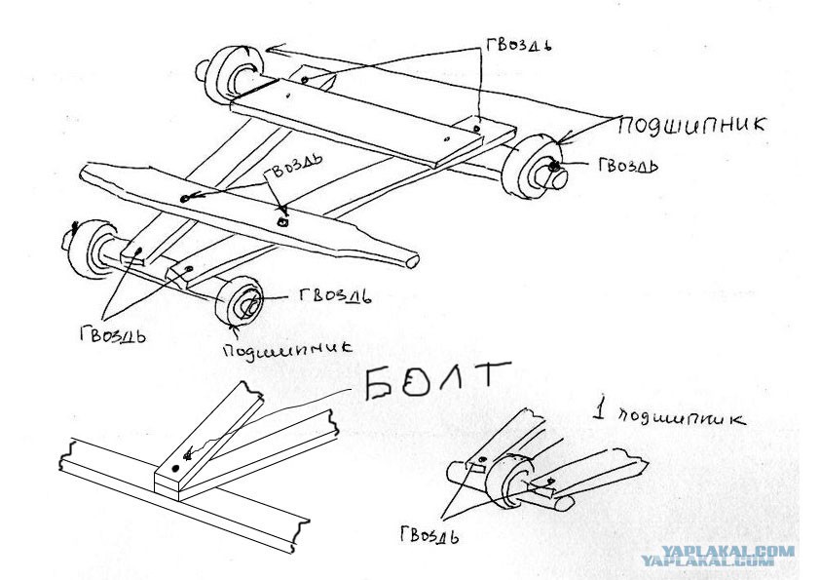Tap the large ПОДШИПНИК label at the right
tap(691, 126)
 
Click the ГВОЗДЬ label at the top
tap(519, 44)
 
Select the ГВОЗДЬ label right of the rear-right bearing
tap(628, 165)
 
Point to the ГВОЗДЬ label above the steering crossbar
tap(292, 167)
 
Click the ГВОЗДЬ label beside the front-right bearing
tap(335, 295)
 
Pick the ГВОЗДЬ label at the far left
tap(113, 333)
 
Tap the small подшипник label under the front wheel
tap(287, 348)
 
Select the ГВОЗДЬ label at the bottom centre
tap(429, 535)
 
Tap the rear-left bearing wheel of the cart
tap(229, 75)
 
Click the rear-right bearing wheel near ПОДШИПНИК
tap(532, 166)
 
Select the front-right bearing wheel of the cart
tap(240, 301)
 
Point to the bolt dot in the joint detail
tap(175, 468)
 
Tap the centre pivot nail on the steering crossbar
tap(283, 222)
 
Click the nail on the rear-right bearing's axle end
tap(553, 167)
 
